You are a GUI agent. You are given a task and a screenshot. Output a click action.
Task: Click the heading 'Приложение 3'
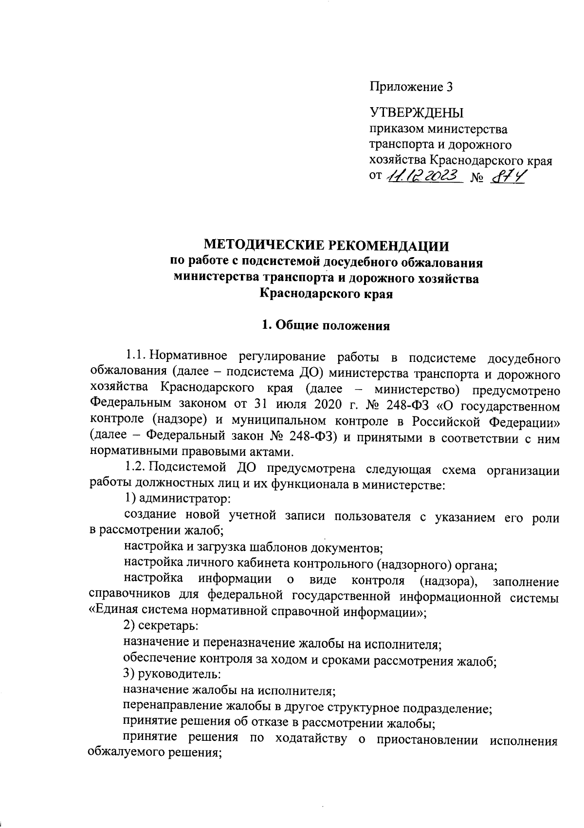tap(411, 88)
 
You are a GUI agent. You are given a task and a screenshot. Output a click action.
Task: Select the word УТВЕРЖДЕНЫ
tap(417, 113)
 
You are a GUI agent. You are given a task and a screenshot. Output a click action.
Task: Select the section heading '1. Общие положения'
tap(326, 326)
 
